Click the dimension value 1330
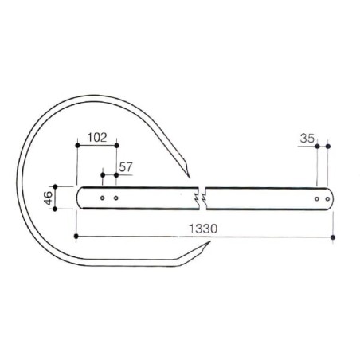[203, 229]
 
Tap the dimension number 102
[97, 137]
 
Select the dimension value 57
[126, 167]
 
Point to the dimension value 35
[307, 139]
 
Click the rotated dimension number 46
[49, 198]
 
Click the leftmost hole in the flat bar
[102, 198]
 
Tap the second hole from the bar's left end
[115, 198]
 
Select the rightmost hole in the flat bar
[327, 199]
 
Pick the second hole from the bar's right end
[317, 199]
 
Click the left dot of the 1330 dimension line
[76, 236]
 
